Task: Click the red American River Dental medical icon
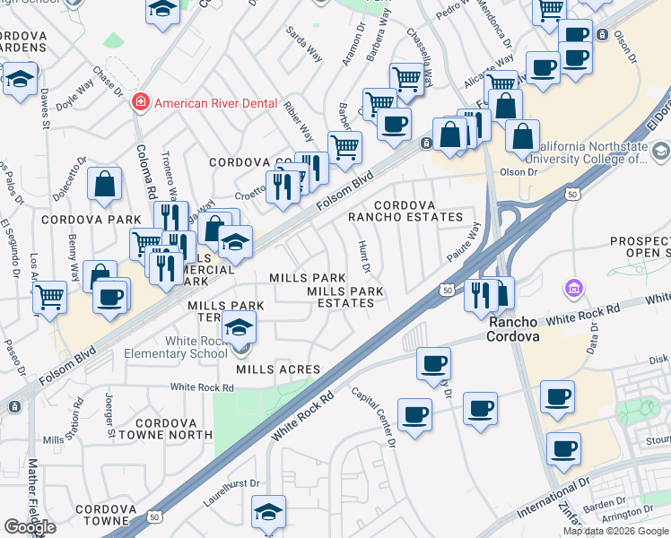(x=140, y=103)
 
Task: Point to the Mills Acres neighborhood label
(x=278, y=369)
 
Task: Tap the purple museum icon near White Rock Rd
(x=572, y=290)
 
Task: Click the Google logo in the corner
(x=30, y=526)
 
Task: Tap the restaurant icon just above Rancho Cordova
(x=482, y=293)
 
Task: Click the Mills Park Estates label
(x=345, y=297)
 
